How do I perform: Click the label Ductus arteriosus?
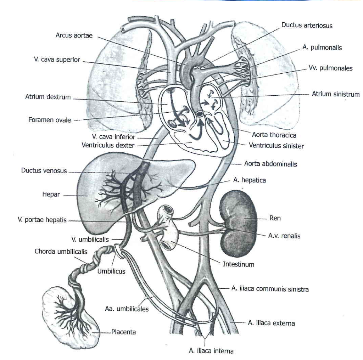(307, 25)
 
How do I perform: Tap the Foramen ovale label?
(50, 120)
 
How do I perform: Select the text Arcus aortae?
(74, 35)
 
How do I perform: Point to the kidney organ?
(239, 224)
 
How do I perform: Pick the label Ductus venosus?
(44, 170)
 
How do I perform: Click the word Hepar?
(51, 194)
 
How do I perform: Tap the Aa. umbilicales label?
(127, 309)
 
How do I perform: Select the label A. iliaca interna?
(211, 351)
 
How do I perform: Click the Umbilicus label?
(111, 271)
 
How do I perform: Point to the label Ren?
(275, 218)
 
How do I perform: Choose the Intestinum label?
(239, 264)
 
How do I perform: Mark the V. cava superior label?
(57, 60)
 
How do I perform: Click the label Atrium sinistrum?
(336, 94)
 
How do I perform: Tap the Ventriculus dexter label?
(108, 145)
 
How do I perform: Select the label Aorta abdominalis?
(270, 164)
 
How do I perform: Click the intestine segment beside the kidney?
(167, 228)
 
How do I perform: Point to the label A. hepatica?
(250, 180)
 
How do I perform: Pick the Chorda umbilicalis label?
(61, 252)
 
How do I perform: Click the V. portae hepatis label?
(42, 220)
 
